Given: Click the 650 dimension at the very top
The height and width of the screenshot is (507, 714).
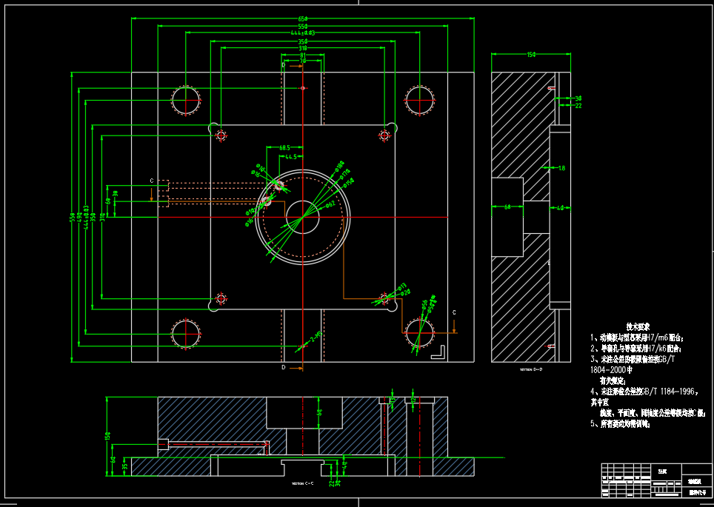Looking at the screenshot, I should [302, 18].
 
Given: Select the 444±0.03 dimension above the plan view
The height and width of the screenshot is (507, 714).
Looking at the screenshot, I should [302, 33].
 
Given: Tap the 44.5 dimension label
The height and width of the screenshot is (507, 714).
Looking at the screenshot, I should [290, 157].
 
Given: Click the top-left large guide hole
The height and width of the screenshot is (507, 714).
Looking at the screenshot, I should [185, 99].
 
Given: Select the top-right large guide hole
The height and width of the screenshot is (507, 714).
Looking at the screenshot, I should [419, 99].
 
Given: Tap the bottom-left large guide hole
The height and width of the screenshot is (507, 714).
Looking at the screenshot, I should [185, 332].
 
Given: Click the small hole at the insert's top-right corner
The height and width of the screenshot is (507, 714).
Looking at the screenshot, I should [384, 135].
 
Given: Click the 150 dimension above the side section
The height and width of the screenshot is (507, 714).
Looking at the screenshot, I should [531, 55].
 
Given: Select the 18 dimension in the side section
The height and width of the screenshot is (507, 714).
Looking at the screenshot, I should [561, 169].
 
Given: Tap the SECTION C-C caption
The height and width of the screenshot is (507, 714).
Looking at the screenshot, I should [302, 483].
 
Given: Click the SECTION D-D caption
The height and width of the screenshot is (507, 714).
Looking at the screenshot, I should [531, 369].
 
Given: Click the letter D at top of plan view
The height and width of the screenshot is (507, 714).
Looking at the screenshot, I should [284, 65].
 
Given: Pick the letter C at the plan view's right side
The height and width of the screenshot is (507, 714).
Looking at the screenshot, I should [454, 312].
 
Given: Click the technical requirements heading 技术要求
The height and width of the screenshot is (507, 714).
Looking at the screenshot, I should [638, 326].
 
